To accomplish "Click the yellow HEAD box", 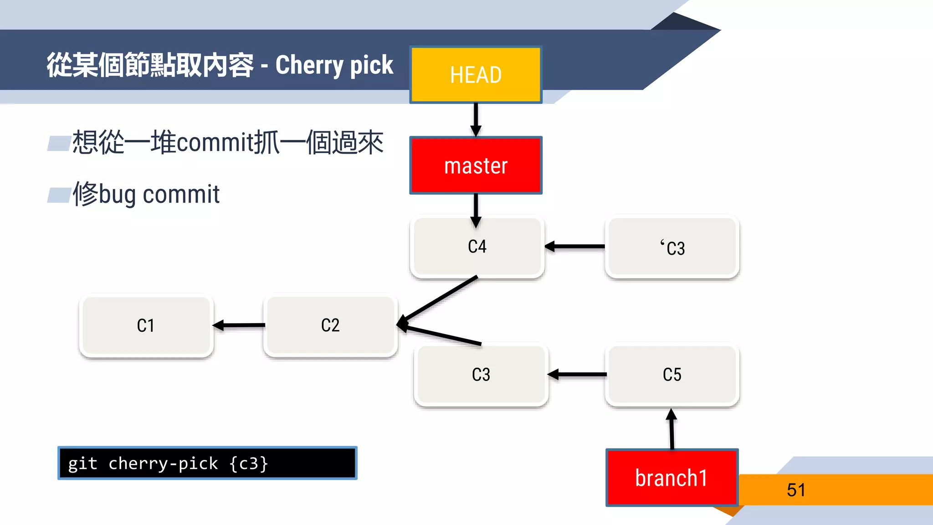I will pos(476,75).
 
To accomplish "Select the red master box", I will pos(476,165).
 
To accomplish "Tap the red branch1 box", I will pos(672,478).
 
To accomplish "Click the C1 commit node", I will pos(146,325).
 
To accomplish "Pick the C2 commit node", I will pos(330,325).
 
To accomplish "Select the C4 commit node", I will pos(477,247).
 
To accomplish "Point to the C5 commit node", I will pos(672,375).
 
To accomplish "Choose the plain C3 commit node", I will pos(481,375).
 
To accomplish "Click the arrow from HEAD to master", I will pos(476,119).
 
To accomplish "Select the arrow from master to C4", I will pos(476,210).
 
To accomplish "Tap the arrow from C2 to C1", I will pos(239,325).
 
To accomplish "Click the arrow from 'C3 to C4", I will pos(575,247).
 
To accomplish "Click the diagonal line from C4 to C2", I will pos(440,299).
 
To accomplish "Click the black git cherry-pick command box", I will pos(207,463).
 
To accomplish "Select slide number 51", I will pos(796,490).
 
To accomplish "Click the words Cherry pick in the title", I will pos(334,65).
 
